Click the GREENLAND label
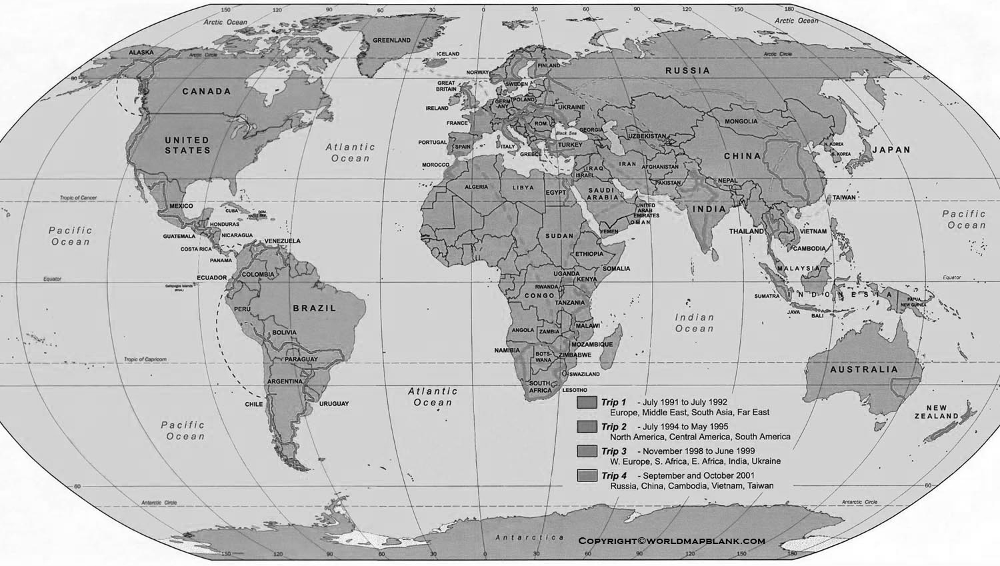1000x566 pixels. (391, 40)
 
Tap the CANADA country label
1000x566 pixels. (207, 91)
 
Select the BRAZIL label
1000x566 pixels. (315, 308)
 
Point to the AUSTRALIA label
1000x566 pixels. (864, 369)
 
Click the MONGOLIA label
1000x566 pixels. (741, 121)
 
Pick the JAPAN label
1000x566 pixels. (891, 150)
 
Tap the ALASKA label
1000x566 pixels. (141, 52)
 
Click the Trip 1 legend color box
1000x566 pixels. (587, 403)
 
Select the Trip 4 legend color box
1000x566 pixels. (587, 476)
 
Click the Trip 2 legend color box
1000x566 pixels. (587, 427)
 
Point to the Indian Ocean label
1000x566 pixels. (695, 323)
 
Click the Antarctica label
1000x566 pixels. (529, 537)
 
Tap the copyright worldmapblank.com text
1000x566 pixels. (671, 541)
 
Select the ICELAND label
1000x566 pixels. (448, 54)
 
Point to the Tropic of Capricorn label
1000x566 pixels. (145, 359)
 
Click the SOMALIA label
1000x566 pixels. (616, 269)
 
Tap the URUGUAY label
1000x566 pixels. (334, 404)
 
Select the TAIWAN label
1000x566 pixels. (843, 197)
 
